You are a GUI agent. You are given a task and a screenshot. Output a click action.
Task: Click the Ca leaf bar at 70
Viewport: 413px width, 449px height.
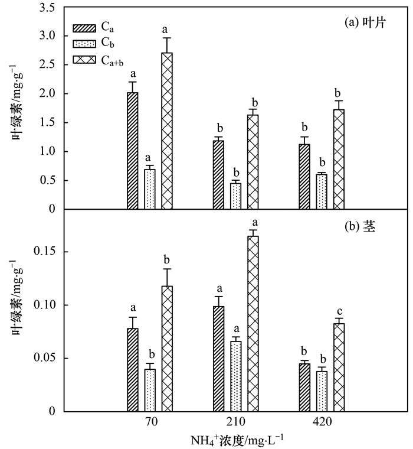[x=133, y=151]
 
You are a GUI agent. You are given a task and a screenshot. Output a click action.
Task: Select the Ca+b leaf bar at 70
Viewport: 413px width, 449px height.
[x=167, y=131]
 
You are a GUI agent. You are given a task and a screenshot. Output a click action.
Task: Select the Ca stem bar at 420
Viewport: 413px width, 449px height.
[x=304, y=388]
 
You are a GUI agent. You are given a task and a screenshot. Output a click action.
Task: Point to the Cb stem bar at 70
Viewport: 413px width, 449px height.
[x=150, y=390]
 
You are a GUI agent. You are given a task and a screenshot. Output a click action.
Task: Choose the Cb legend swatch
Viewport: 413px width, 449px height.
[x=84, y=43]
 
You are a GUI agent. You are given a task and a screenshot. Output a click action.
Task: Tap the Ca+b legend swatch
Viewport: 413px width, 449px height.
[x=84, y=59]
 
